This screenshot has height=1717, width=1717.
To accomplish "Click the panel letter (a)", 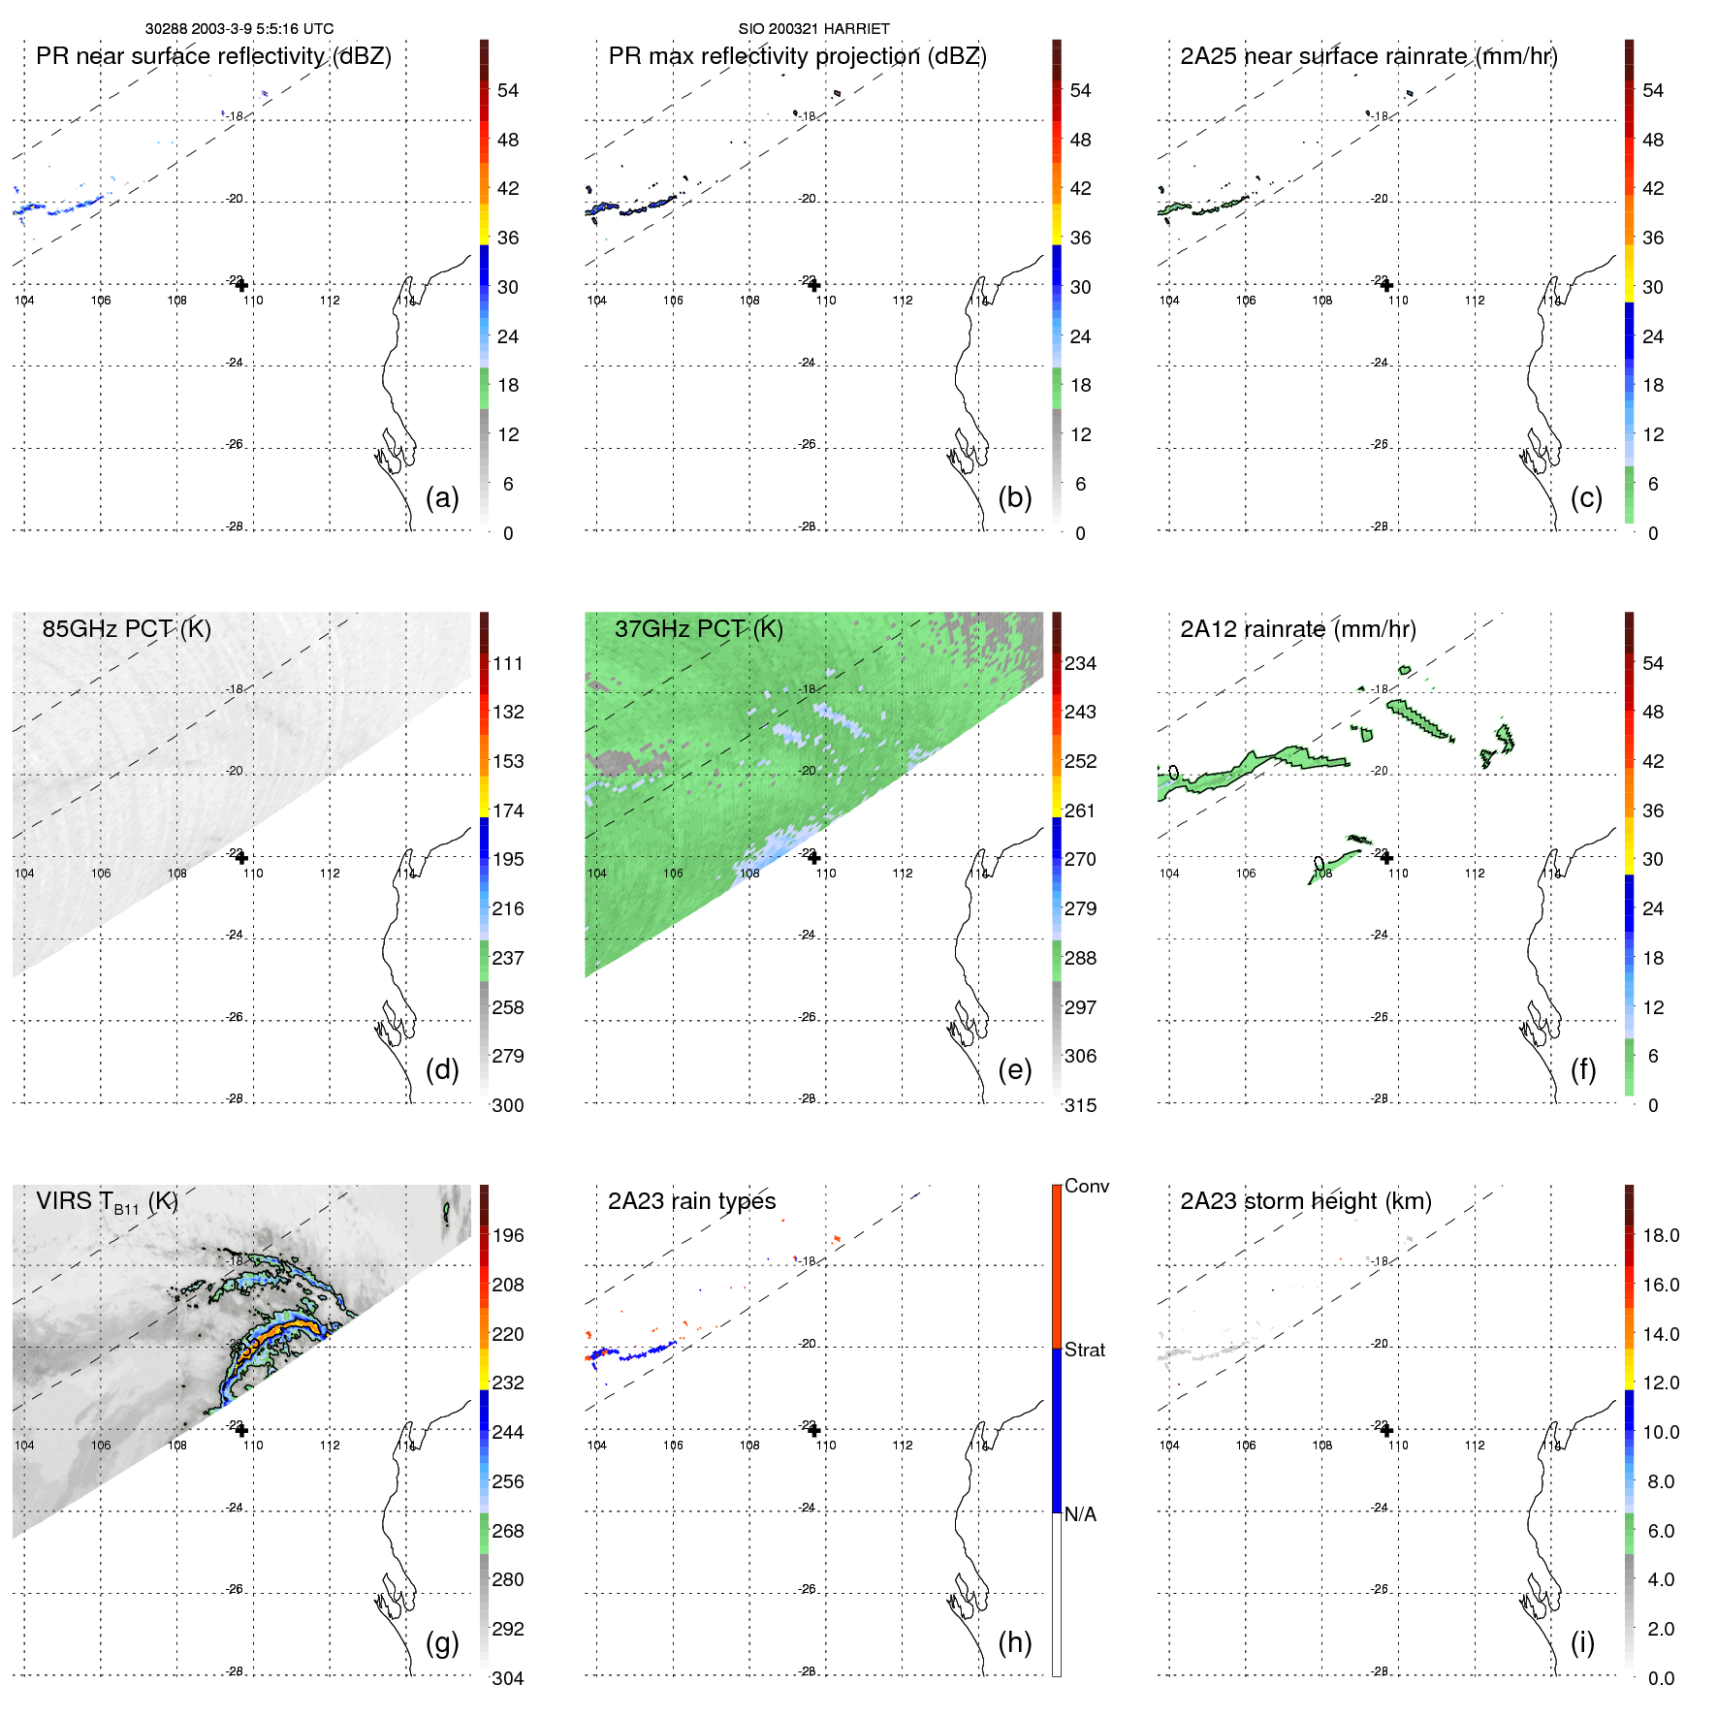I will [441, 497].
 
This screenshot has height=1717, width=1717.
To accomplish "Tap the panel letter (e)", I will [1014, 1069].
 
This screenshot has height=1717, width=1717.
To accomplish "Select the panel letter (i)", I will [1582, 1642].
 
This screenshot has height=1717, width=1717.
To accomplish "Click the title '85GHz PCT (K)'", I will [126, 628].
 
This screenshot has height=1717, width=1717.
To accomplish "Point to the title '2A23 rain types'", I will [691, 1201].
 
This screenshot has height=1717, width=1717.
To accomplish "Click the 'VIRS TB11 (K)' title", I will [107, 1202].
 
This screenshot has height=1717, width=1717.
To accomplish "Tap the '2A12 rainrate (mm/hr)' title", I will [1297, 628].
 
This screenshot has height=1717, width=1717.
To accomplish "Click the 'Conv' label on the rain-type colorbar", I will [1086, 1186].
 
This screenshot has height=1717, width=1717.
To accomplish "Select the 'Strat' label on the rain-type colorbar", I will [1084, 1350].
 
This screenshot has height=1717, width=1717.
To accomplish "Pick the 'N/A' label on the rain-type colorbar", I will [1080, 1514].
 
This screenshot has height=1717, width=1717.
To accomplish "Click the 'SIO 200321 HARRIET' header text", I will [813, 29].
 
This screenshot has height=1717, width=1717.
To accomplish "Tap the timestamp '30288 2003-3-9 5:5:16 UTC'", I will [238, 29].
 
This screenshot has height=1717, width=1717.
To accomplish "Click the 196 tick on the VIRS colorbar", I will [508, 1235].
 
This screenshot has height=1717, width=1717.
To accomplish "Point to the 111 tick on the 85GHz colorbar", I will [508, 663].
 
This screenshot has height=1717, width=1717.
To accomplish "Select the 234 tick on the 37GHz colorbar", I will [1080, 663].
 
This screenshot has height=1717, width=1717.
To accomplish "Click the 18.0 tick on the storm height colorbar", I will [1660, 1235].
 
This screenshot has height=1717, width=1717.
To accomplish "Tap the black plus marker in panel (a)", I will [241, 285].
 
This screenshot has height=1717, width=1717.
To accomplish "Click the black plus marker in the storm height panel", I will [1386, 1430].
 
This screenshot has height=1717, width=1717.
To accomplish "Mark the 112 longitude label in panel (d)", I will [330, 874].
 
